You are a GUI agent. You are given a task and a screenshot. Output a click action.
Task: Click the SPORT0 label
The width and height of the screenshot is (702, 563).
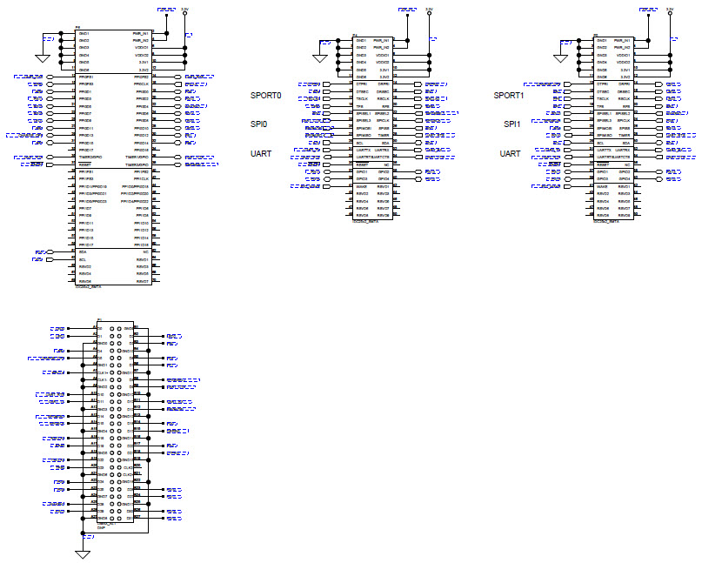coord(266,95)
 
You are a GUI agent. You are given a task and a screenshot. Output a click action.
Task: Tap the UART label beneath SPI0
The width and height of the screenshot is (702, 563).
coord(262,153)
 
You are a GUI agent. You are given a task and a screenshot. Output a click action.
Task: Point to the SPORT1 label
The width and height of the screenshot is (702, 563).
coord(509,95)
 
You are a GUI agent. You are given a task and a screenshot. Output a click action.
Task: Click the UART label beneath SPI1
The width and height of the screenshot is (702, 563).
coord(511,154)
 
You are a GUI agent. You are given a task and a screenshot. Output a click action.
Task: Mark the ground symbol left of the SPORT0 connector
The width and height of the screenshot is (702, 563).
coord(320,59)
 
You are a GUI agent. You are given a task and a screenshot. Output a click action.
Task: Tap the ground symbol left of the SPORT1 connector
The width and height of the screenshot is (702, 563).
coord(561,59)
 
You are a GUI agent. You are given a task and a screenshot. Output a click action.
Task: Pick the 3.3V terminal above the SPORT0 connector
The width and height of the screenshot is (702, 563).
coord(429,10)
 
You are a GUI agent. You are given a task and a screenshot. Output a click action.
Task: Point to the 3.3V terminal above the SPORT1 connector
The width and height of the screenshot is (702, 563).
coord(670,10)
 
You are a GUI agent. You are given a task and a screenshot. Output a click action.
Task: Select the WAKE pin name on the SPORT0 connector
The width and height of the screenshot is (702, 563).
coord(360,186)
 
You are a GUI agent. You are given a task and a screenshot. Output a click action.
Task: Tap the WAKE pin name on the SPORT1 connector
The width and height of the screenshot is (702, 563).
coord(601,186)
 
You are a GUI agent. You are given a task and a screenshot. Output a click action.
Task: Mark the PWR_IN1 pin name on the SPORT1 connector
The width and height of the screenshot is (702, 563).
coord(623,40)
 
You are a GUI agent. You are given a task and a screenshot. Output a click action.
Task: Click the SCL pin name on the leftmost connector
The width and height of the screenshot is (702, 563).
coord(83,259)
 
